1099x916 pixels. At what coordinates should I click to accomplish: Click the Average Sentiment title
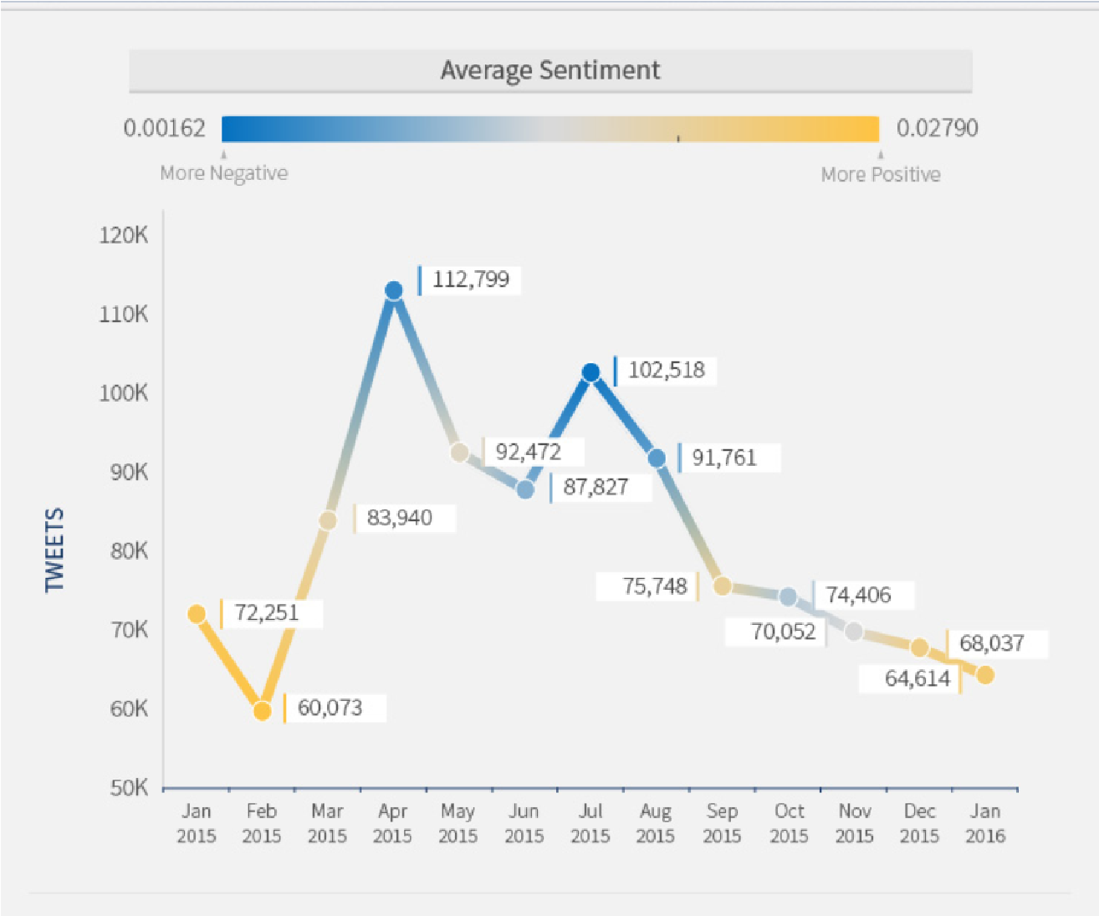(549, 70)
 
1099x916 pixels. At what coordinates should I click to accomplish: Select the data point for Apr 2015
(394, 291)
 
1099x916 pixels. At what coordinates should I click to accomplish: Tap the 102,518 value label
(666, 370)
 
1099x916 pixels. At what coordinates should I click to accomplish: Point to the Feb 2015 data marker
(263, 711)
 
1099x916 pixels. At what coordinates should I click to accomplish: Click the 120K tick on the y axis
(124, 235)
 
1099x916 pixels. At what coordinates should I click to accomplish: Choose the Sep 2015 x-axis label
(722, 823)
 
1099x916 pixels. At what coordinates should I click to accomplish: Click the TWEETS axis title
(54, 550)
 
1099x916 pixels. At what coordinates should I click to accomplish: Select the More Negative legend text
(224, 173)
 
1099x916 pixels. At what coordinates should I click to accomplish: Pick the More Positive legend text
(881, 174)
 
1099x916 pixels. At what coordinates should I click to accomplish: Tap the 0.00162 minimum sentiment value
(164, 128)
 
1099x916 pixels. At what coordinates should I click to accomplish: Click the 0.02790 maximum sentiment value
(937, 128)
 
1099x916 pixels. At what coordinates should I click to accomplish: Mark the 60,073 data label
(330, 708)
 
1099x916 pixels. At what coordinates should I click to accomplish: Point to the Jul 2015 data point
(591, 373)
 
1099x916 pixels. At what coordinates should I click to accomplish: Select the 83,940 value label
(399, 518)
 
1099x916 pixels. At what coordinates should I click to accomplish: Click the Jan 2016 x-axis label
(985, 823)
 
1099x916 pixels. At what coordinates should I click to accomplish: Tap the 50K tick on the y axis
(130, 788)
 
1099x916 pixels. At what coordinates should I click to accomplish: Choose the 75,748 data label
(654, 586)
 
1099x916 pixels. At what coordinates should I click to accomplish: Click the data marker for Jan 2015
(197, 614)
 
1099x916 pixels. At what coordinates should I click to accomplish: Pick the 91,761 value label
(723, 458)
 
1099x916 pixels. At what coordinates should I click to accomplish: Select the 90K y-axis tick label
(130, 473)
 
